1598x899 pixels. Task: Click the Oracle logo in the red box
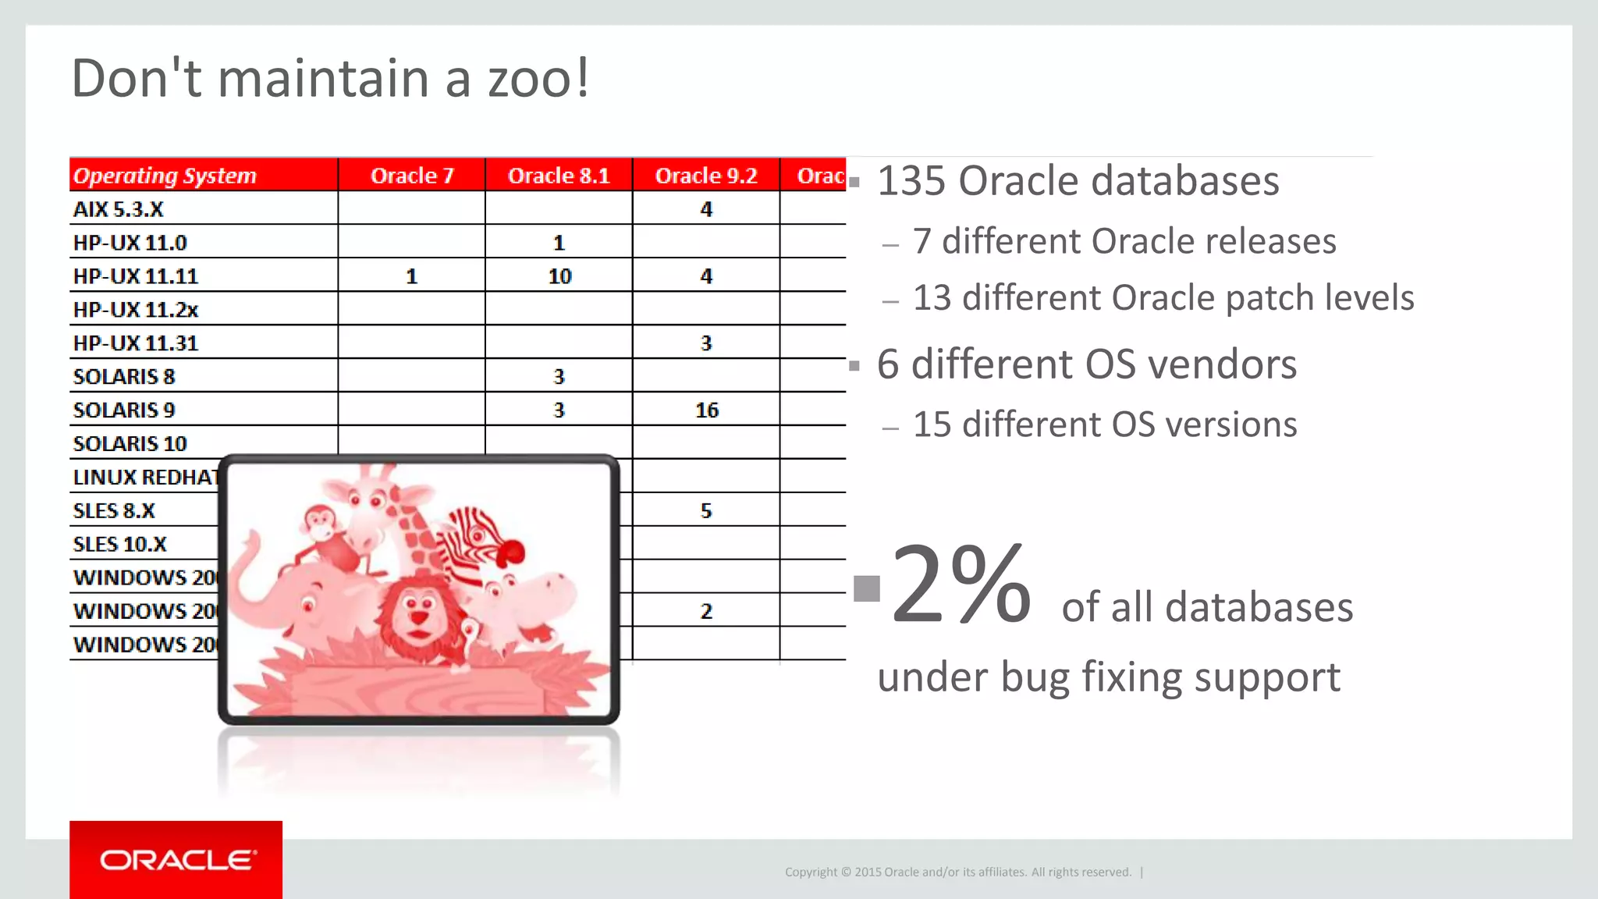click(176, 860)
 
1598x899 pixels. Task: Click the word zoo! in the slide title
click(538, 79)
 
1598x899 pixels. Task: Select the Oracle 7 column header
click(411, 176)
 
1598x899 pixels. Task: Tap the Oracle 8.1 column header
click(559, 176)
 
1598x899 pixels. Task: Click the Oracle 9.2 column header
click(706, 176)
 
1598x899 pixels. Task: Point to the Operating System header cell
click(165, 176)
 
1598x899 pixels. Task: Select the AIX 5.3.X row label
click(119, 209)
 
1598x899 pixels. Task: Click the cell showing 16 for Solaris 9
click(706, 410)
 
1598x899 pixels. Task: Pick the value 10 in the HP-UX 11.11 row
click(559, 276)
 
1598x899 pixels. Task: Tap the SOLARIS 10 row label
click(130, 443)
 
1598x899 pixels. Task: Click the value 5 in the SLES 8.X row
click(706, 510)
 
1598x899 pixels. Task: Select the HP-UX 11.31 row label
click(136, 343)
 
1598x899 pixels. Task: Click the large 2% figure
click(961, 585)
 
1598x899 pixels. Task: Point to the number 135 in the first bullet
click(911, 181)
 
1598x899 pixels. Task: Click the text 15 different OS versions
click(1104, 425)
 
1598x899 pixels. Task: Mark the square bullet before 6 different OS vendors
click(854, 365)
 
